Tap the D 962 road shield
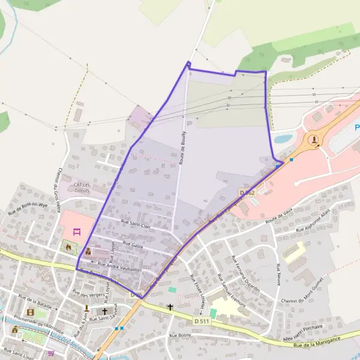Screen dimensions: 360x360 pos(247,193)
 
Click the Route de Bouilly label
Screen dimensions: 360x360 pos(182,147)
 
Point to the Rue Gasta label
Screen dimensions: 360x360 pos(133,244)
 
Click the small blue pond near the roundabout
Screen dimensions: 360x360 pos(283,139)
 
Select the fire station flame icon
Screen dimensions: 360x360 pos(69,246)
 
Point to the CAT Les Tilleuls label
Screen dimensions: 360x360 pos(82,187)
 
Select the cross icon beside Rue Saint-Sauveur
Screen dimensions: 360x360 pos(105,311)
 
